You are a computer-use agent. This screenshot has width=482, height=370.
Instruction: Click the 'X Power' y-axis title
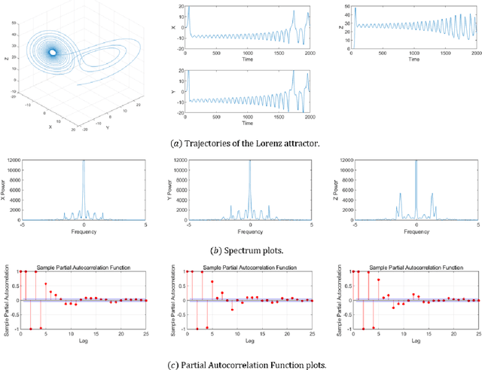[x=6, y=188]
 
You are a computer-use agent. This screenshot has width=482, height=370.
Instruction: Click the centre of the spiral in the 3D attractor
[x=52, y=52]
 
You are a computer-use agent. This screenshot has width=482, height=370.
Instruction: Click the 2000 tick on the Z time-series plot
[x=475, y=52]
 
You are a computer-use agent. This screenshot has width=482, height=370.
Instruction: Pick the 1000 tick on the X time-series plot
[x=249, y=52]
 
